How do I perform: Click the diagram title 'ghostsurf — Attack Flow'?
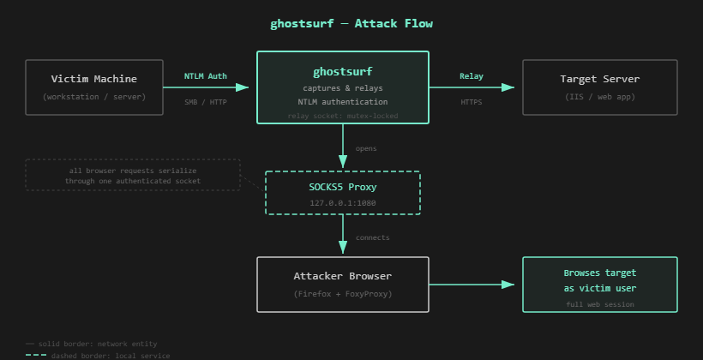pos(351,23)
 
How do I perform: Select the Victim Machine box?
pos(94,87)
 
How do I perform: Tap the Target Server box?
pos(599,87)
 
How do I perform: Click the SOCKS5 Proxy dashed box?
pos(343,193)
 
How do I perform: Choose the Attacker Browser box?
pos(343,284)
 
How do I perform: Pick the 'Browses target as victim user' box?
pos(599,284)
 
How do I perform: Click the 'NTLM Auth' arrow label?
pos(206,76)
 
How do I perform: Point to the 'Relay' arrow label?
pos(472,76)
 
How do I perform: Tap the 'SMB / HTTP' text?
pos(206,102)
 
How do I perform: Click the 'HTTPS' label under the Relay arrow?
pos(472,102)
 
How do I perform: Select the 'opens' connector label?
pos(366,148)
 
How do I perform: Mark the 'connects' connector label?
pos(372,237)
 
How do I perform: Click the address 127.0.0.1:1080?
pos(343,203)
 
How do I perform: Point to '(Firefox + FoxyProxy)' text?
pos(343,293)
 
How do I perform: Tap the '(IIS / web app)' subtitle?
pos(599,97)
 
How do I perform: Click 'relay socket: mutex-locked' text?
pos(343,116)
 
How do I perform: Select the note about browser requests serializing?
pos(133,176)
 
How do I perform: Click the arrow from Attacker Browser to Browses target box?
pos(476,284)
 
